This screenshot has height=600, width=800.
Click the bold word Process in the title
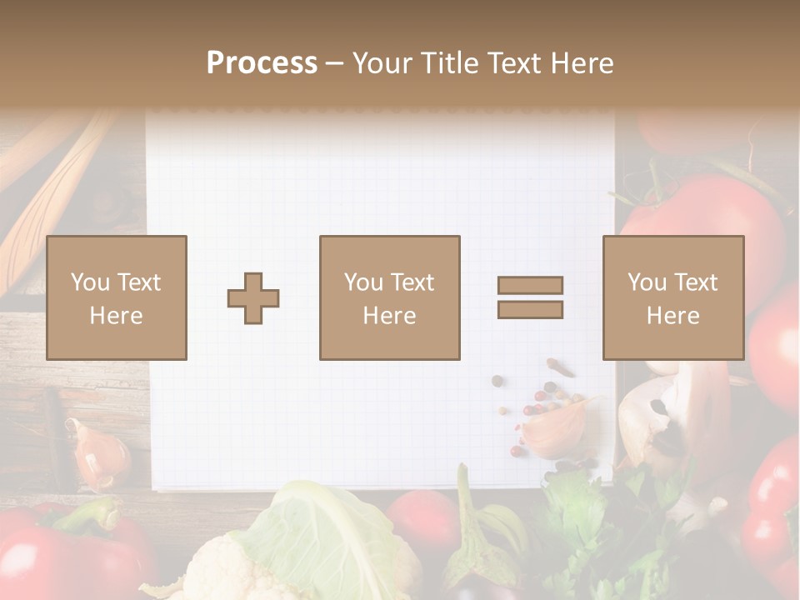tap(262, 62)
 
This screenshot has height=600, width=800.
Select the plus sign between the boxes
tap(253, 298)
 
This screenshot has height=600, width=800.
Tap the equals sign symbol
tap(530, 297)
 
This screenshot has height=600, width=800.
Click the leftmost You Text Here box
tap(117, 297)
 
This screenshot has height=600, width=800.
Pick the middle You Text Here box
tap(389, 297)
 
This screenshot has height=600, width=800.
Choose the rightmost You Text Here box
tap(672, 297)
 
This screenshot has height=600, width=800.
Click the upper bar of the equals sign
tap(530, 285)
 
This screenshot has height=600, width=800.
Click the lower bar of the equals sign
tap(530, 309)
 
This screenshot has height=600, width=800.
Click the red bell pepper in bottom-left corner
tap(50, 550)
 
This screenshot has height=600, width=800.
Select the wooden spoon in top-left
tap(50, 208)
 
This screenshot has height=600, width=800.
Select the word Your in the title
tap(380, 62)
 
